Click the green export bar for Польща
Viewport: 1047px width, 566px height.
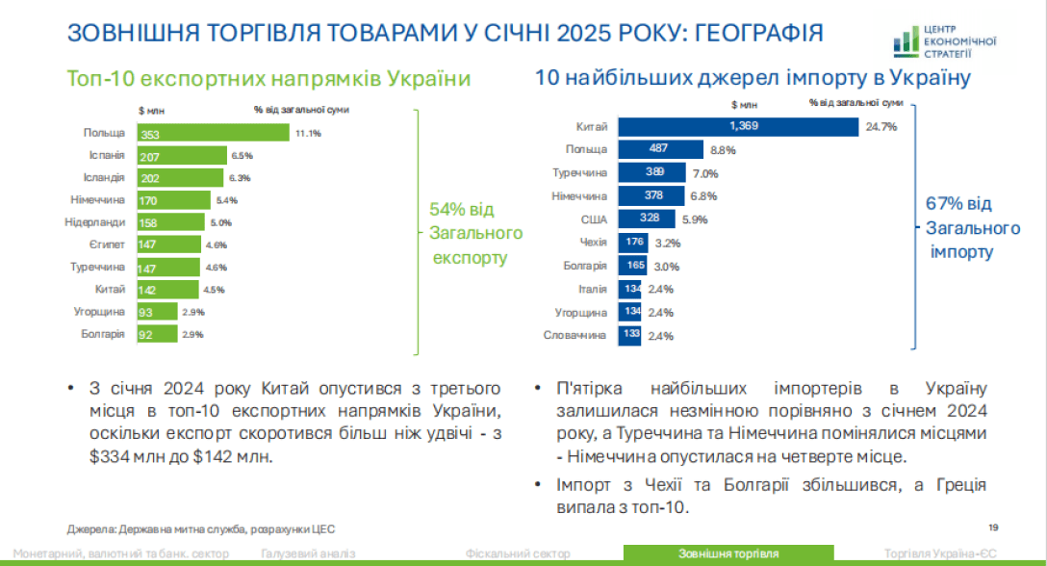click(214, 133)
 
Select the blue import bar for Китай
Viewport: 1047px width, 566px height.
click(737, 127)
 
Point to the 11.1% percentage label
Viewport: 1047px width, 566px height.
click(308, 133)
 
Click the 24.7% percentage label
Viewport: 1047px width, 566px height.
click(881, 127)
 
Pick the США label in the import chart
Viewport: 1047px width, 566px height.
click(594, 219)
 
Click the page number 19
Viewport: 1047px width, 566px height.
click(994, 526)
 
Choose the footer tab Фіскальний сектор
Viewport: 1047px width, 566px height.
click(518, 553)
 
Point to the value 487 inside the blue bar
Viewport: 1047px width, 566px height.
click(658, 149)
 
